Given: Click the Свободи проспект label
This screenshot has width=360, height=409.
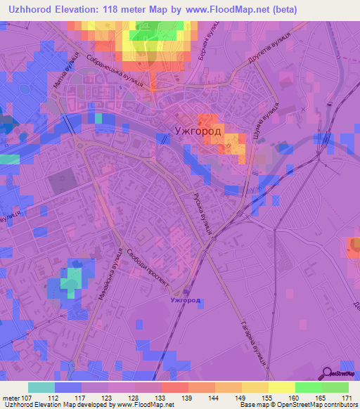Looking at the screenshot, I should pos(149,268).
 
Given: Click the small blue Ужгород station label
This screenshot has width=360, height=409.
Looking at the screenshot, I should pos(186,300).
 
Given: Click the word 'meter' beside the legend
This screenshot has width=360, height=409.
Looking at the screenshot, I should pos(11,398).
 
